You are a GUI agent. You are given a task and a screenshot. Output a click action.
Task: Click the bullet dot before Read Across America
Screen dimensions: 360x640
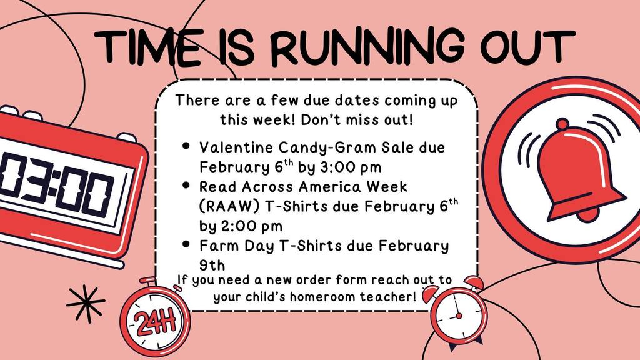coord(186,186)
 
